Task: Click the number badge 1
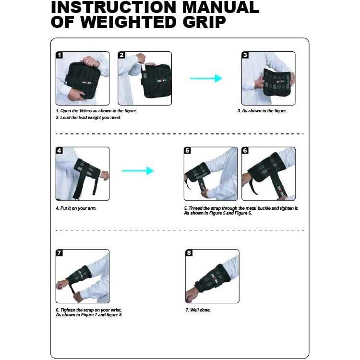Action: tap(60, 55)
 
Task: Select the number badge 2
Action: tap(121, 55)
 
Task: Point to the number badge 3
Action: tap(245, 55)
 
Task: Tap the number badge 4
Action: tap(60, 151)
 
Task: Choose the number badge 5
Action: tap(188, 151)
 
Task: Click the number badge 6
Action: tap(245, 151)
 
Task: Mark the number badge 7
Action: tap(60, 253)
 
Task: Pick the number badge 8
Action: tap(189, 253)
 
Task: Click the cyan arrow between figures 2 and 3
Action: tap(206, 78)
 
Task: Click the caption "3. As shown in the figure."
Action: tap(262, 111)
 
